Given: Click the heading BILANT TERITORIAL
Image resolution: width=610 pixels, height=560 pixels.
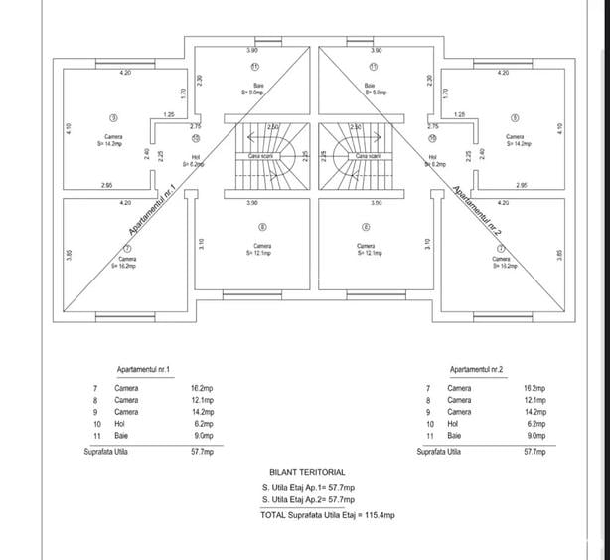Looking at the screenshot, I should point(307,472).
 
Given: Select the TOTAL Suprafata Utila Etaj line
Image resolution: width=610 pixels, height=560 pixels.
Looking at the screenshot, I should point(327,515).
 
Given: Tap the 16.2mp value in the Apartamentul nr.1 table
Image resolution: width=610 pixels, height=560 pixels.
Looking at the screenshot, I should point(203,388).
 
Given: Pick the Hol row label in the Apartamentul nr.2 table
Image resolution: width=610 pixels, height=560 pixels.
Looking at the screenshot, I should point(455,424).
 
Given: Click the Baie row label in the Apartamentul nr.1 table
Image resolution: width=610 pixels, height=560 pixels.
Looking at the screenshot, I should point(120,436).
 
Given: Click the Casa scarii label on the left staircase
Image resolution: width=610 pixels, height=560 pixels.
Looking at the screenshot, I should point(261,156).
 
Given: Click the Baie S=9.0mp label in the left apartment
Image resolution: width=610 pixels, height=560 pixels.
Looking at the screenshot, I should point(258,89).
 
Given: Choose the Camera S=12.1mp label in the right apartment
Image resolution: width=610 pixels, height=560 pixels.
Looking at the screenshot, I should point(365,249).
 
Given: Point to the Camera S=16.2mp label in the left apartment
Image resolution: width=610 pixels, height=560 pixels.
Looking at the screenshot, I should point(123,263).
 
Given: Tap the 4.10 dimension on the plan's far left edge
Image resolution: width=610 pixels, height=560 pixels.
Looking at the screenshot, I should point(69,129).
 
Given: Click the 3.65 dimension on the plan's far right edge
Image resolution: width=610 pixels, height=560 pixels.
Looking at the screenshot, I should point(559,256).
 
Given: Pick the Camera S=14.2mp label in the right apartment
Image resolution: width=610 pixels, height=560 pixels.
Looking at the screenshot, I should point(515,140).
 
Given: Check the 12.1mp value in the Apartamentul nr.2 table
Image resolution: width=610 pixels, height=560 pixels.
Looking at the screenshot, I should point(535,400).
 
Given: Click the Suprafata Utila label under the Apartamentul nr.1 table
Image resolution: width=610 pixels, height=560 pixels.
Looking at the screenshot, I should point(105,452).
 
